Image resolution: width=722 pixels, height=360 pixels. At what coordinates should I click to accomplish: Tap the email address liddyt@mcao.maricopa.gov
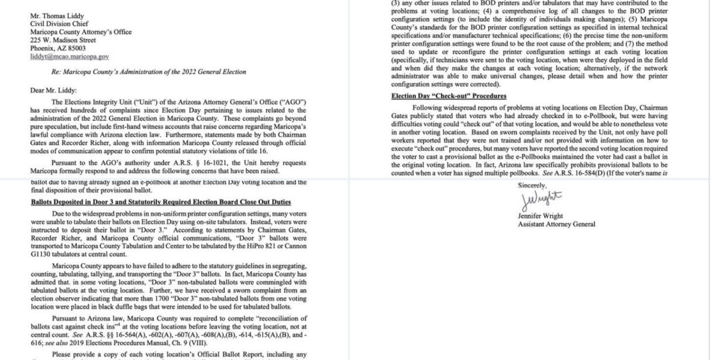pos(70,56)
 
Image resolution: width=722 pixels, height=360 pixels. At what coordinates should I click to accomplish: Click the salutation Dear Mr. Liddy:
pos(53,90)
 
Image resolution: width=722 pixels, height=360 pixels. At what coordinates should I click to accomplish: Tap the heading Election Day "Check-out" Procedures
pos(449,96)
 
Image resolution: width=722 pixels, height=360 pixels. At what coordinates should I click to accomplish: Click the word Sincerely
pos(531,185)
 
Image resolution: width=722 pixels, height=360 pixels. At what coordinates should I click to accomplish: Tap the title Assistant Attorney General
pos(556,224)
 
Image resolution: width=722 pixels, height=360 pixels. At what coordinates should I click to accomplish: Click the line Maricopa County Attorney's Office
pos(81,32)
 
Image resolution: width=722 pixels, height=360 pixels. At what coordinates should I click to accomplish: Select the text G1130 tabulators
pos(54,254)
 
